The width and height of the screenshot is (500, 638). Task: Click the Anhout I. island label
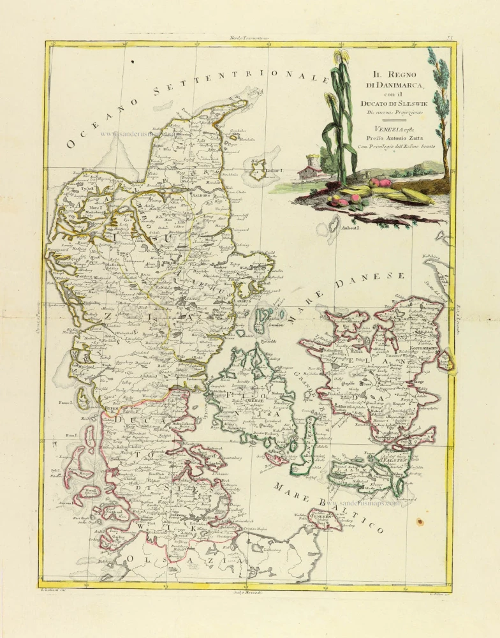pyautogui.click(x=351, y=227)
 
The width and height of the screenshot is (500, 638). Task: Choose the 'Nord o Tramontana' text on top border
pyautogui.click(x=250, y=38)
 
